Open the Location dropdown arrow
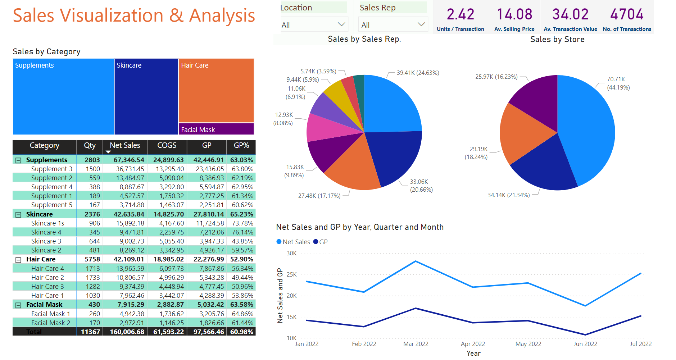coord(341,24)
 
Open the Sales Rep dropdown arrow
coord(421,24)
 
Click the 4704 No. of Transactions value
coord(627,15)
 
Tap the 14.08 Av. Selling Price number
coord(514,15)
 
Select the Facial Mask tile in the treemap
coord(216,129)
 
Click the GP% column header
coord(241,145)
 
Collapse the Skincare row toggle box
coord(18,215)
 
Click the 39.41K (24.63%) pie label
coord(418,73)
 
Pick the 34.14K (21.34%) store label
coord(508,195)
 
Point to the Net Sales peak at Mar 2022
coord(416,261)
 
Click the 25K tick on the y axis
coord(291,275)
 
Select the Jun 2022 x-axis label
coord(585,344)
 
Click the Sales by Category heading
coord(47,52)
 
